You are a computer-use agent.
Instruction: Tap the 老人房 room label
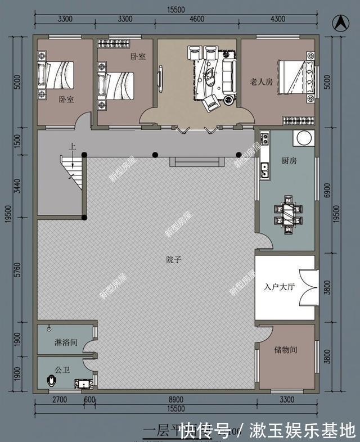tap(261, 82)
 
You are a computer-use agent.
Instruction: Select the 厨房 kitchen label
tap(289, 160)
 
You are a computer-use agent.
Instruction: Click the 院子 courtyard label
tap(174, 260)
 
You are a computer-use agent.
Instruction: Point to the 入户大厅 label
tap(280, 287)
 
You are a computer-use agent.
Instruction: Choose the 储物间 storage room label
tap(286, 350)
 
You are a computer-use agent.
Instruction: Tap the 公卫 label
tap(61, 371)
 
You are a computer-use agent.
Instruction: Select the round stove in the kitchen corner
tap(305, 137)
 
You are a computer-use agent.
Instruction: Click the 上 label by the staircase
tap(72, 146)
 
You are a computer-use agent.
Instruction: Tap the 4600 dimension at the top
tap(196, 19)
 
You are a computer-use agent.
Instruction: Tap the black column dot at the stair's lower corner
tap(84, 218)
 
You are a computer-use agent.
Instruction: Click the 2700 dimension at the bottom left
tap(60, 400)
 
